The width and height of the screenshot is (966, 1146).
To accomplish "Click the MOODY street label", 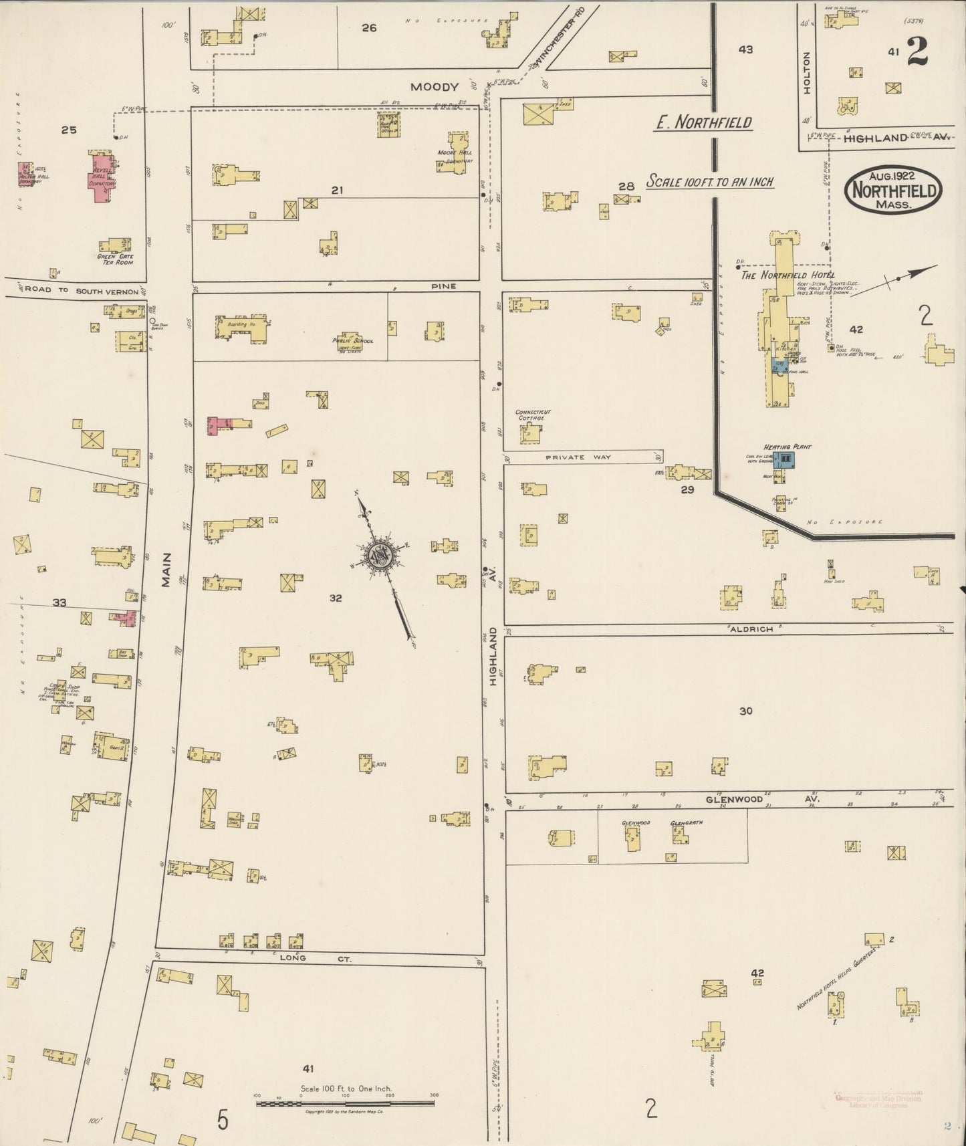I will point(435,87).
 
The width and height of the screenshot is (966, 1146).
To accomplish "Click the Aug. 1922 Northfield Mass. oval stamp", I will point(894,190).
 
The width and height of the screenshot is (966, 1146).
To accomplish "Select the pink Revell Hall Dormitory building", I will point(102,175).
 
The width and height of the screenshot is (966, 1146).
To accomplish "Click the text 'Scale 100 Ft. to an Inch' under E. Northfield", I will point(709,182).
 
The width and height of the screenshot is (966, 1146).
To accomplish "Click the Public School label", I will point(352,341).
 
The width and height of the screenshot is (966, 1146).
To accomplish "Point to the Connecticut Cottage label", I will point(532,415).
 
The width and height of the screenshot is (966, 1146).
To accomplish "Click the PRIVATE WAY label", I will point(578,457).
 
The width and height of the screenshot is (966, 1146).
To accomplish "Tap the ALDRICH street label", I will point(751,629).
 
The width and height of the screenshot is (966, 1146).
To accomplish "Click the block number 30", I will point(745,711).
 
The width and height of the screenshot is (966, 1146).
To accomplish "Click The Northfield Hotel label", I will point(787,275).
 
